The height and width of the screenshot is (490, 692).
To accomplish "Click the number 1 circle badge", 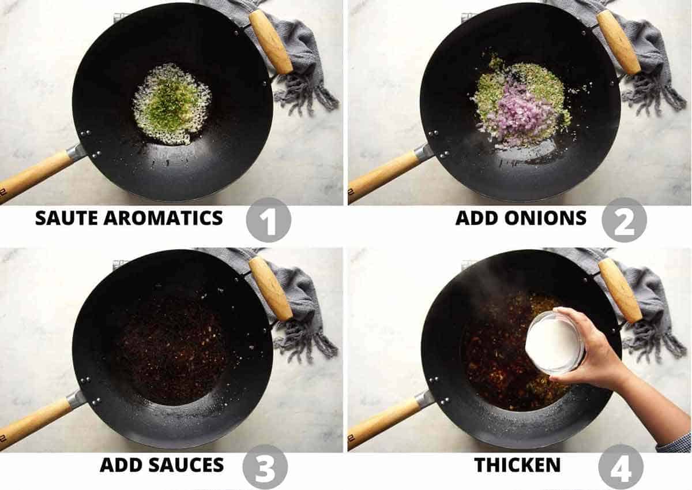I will coord(268,220).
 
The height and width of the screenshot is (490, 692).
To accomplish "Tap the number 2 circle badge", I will coord(624,219).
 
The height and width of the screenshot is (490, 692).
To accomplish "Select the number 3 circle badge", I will coord(265,466).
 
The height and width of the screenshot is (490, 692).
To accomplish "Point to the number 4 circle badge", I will coord(620,466).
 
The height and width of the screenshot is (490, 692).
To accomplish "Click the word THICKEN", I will coord(517,465).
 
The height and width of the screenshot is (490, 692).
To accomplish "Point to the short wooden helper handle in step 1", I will coord(270,42).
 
